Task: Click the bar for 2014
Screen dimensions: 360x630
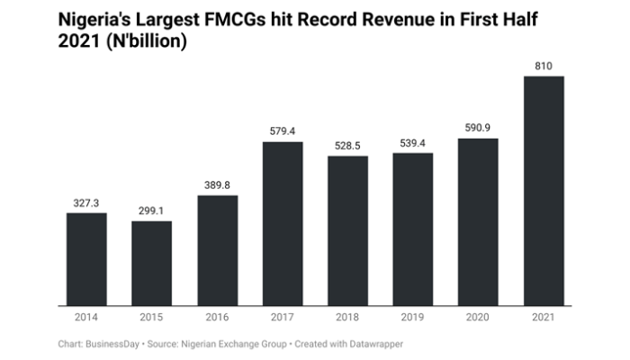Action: [x=87, y=259]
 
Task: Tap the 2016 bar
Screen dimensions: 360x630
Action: [x=218, y=250]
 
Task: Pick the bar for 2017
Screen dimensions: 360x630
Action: [x=283, y=224]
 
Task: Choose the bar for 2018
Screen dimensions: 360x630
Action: [x=347, y=231]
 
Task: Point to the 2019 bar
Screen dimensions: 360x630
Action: [x=413, y=229]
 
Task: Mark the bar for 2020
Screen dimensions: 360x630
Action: [x=478, y=222]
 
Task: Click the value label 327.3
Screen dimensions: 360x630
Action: [x=87, y=204]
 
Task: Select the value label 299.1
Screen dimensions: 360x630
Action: [x=152, y=212]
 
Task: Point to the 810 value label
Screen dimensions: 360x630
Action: [x=543, y=67]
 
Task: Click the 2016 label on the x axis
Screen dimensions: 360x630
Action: [x=218, y=318]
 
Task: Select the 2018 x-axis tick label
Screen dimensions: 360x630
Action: [x=347, y=318]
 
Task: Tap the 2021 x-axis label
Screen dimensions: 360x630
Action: [x=543, y=318]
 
